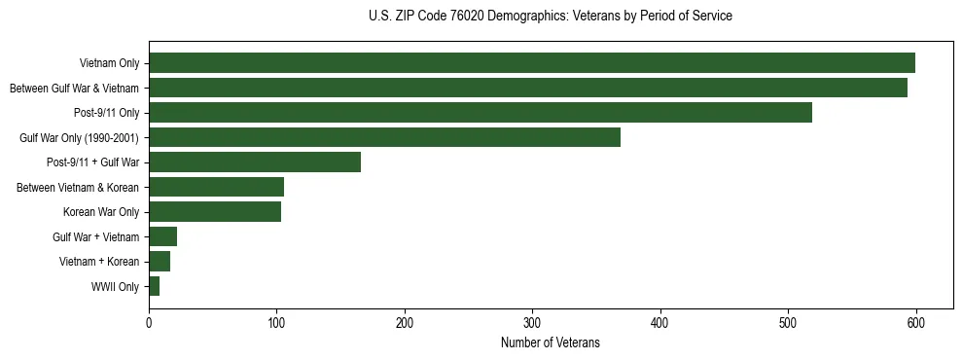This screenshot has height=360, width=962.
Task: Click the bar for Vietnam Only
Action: pyautogui.click(x=531, y=63)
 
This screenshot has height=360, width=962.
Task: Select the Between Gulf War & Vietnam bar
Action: pyautogui.click(x=527, y=88)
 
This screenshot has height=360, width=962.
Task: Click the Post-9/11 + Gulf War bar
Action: pyautogui.click(x=255, y=162)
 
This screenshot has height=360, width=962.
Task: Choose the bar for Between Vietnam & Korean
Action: pyautogui.click(x=216, y=187)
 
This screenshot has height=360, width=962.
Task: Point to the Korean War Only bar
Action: pyautogui.click(x=215, y=212)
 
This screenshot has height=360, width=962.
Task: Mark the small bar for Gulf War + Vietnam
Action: pyautogui.click(x=162, y=236)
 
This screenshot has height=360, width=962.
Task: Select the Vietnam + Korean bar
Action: pyautogui.click(x=160, y=261)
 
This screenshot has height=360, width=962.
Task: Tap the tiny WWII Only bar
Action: pyautogui.click(x=154, y=286)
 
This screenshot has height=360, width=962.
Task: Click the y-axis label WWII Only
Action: pyautogui.click(x=115, y=287)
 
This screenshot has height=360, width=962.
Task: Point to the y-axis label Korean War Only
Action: pyautogui.click(x=101, y=212)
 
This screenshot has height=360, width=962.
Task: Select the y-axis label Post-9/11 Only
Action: pyautogui.click(x=106, y=113)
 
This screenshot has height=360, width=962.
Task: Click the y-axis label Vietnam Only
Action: pyautogui.click(x=109, y=63)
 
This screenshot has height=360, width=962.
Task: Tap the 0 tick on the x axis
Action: pyautogui.click(x=149, y=322)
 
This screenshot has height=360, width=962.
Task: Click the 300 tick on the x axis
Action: pyautogui.click(x=532, y=322)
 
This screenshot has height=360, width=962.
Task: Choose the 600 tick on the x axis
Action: pyautogui.click(x=915, y=322)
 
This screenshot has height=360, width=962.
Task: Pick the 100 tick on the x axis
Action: pyautogui.click(x=276, y=322)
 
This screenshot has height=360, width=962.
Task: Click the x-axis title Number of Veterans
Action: pyautogui.click(x=550, y=342)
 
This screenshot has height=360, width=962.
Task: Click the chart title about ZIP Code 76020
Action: pyautogui.click(x=550, y=17)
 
